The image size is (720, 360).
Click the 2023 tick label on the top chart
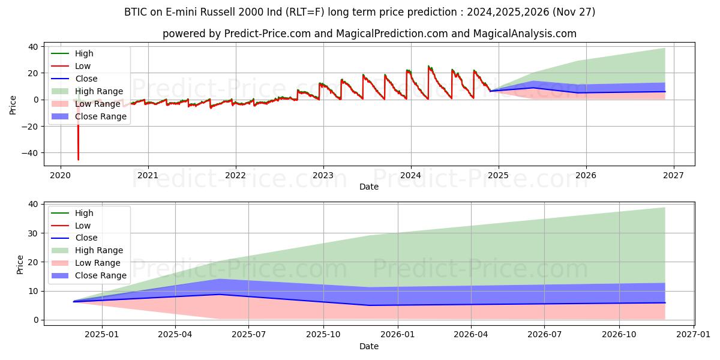323,175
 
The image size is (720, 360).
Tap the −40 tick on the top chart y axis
31,153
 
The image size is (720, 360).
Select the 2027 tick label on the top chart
673,175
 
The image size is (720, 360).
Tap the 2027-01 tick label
693,335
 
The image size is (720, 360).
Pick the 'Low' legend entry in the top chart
83,66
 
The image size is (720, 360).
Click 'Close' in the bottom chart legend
86,238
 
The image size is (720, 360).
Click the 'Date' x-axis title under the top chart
368,187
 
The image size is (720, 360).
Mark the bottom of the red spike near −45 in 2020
78,160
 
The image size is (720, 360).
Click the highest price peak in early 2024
428,66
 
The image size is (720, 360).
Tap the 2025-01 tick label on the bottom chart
102,335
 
